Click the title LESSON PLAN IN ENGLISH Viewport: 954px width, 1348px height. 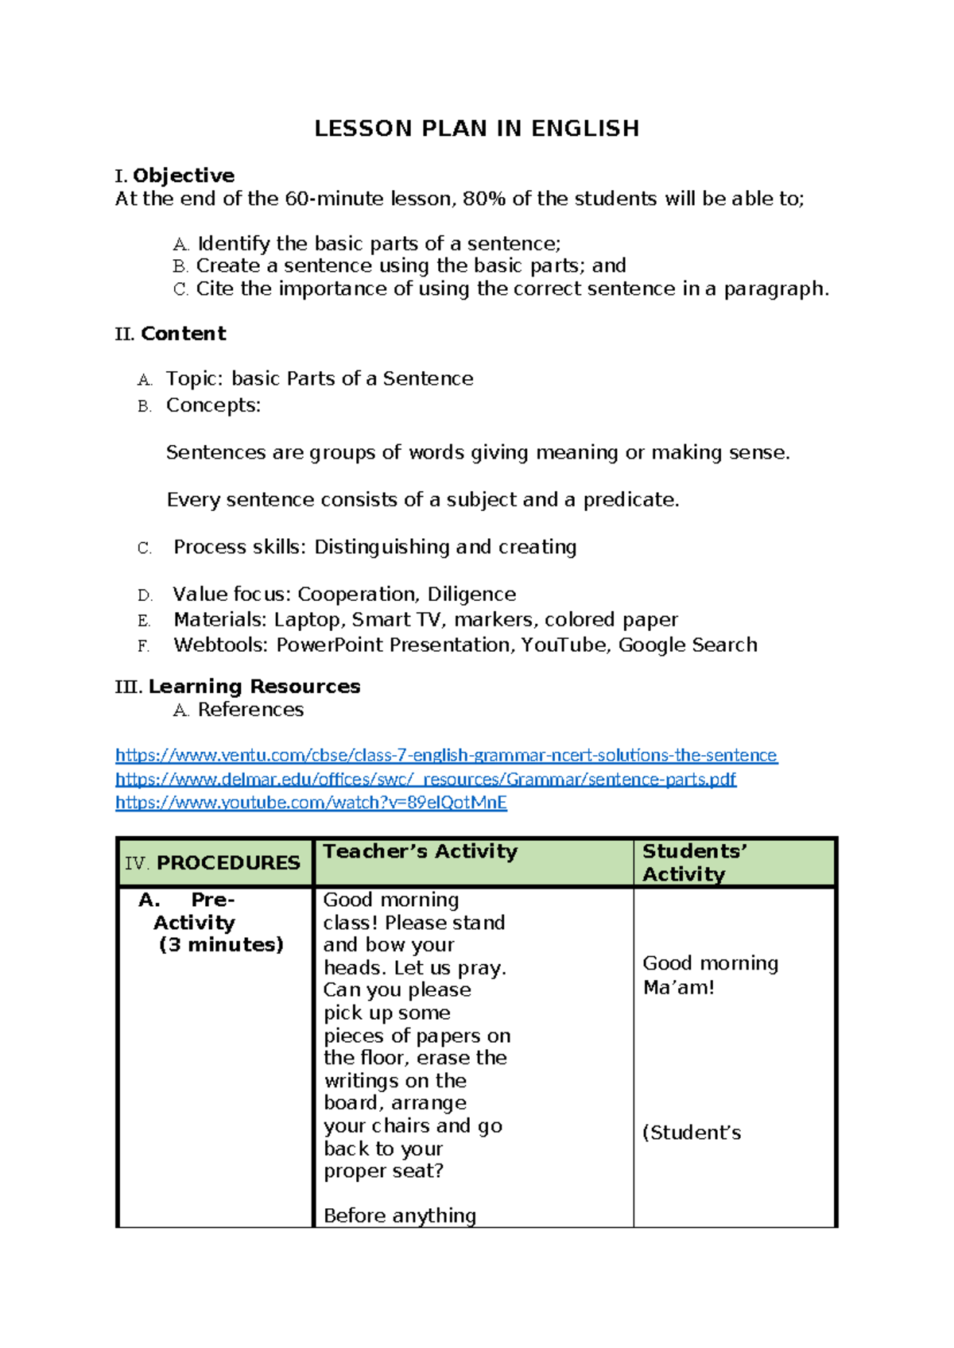(x=476, y=129)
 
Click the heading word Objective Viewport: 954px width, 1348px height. (x=184, y=176)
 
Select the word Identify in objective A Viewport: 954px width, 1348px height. (x=233, y=243)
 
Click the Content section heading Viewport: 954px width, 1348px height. (x=183, y=334)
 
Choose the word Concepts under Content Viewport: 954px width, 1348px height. (x=212, y=405)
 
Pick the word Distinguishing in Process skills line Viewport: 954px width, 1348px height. (x=382, y=547)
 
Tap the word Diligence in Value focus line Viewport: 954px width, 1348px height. (x=471, y=595)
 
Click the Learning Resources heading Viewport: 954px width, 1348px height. (x=254, y=687)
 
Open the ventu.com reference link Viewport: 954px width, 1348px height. (x=446, y=755)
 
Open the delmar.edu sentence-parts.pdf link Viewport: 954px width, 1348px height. (x=425, y=779)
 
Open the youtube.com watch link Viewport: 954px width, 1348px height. (x=311, y=803)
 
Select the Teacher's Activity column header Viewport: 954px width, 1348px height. (x=420, y=851)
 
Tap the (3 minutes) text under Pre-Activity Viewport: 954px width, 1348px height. (x=221, y=944)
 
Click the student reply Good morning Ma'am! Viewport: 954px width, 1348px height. (x=709, y=975)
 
